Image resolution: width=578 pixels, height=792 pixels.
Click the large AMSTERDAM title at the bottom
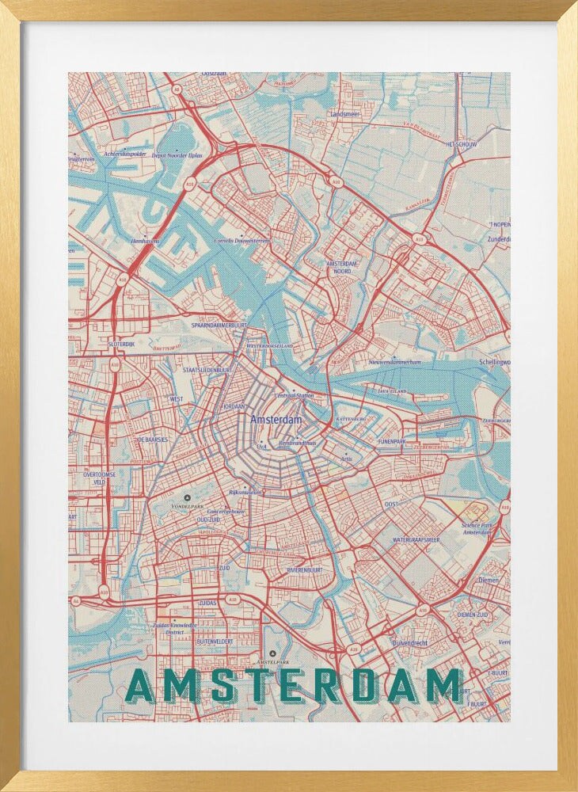tap(295, 686)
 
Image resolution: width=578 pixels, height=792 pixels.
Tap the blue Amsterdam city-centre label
tap(276, 419)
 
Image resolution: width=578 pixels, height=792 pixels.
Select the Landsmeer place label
tap(345, 114)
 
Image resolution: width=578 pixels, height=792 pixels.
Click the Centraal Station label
tap(294, 395)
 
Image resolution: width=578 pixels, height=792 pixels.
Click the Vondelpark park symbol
tap(188, 497)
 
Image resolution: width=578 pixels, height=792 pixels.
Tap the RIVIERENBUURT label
tap(305, 569)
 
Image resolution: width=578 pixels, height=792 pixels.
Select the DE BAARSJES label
tap(153, 439)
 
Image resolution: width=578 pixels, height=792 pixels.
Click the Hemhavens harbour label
tap(145, 240)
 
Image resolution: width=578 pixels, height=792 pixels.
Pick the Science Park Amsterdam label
tap(477, 529)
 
